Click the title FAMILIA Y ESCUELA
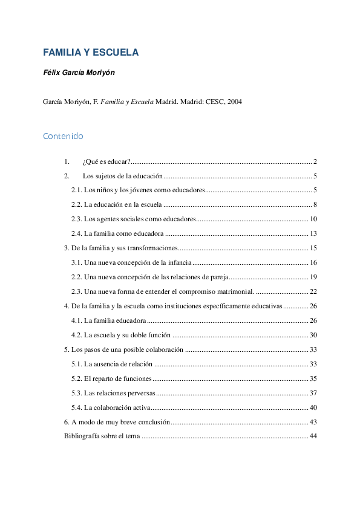pos(91,53)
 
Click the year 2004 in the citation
pos(234,102)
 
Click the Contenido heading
pos(63,137)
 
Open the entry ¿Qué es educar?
pos(106,162)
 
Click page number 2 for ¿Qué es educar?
pos(315,162)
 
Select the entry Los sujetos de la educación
pos(123,177)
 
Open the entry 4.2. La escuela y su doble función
pos(121,335)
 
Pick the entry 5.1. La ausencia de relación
pos(112,364)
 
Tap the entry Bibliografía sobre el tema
pos(102,436)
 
